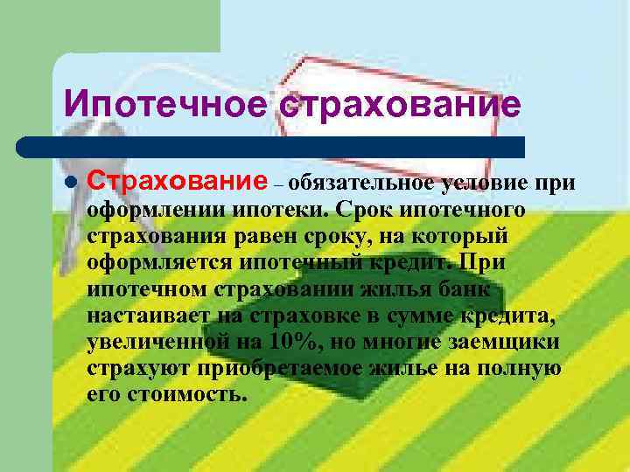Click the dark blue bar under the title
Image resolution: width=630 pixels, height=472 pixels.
271,147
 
